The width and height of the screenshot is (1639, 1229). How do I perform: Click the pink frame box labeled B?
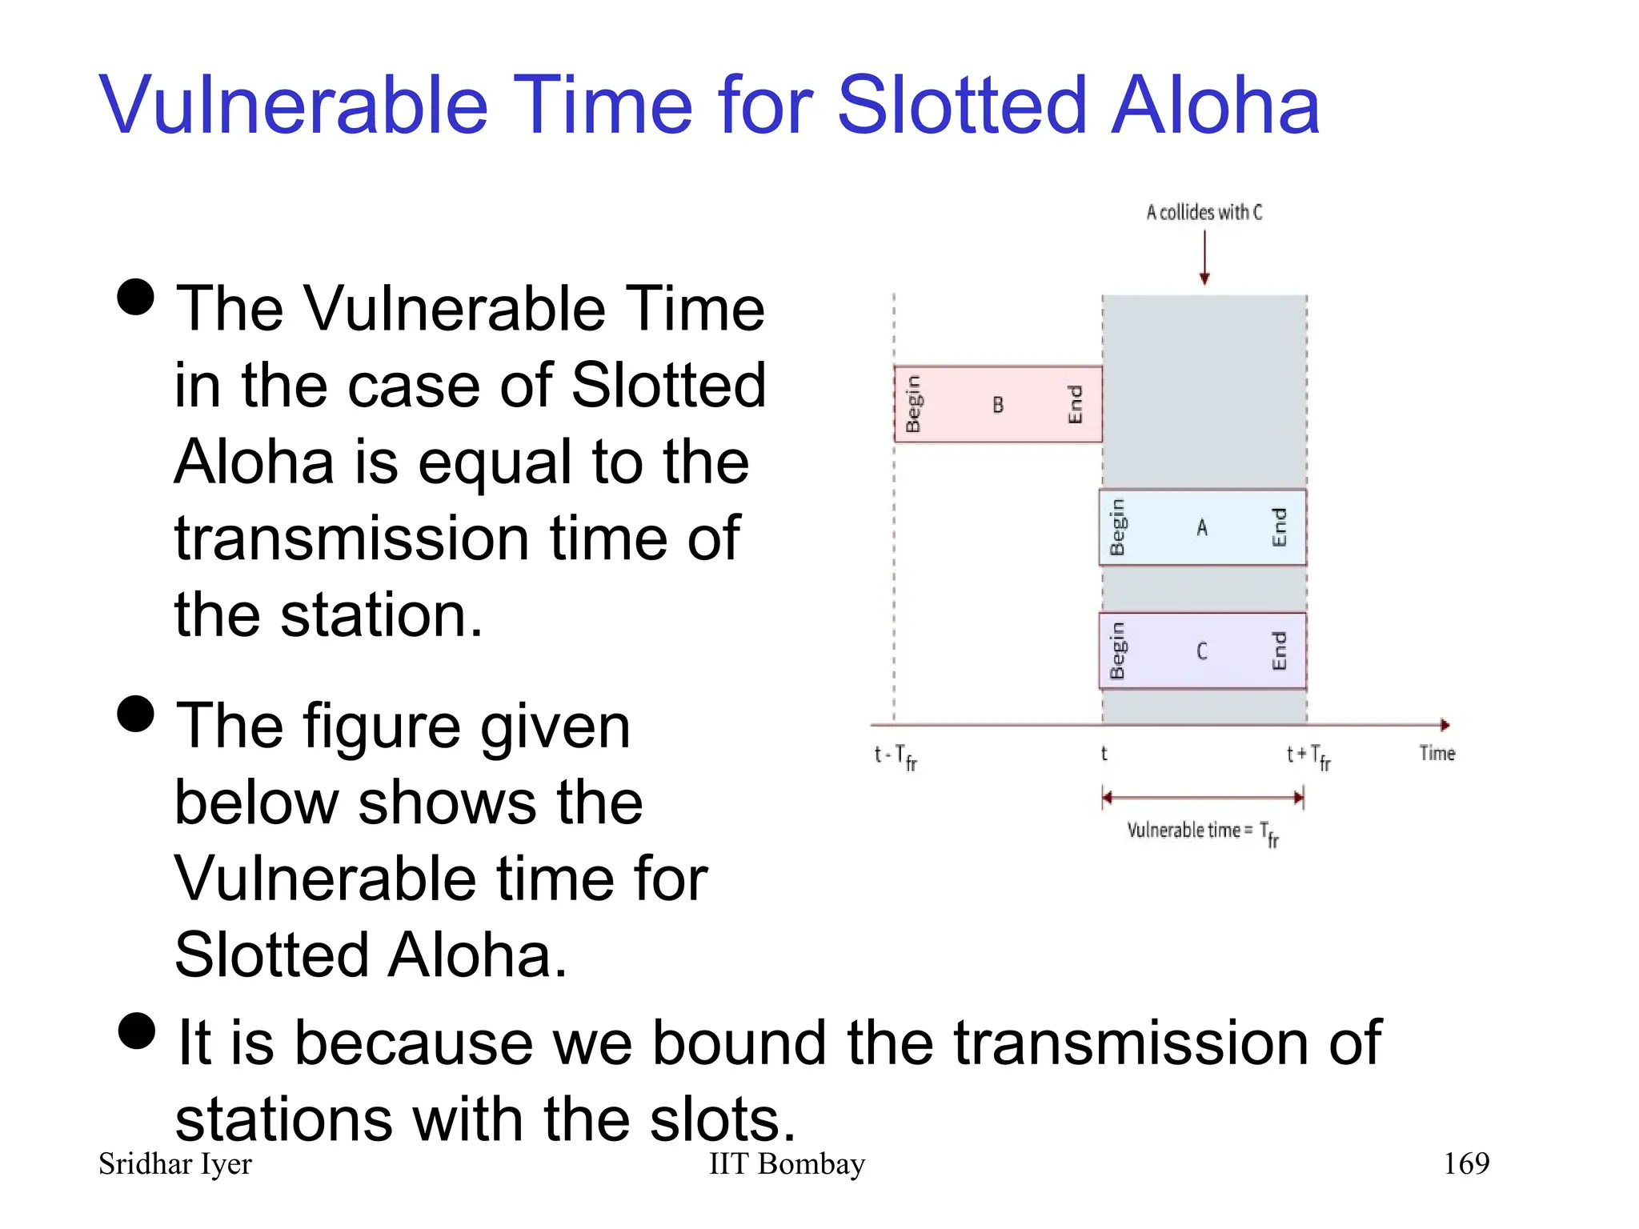(x=998, y=404)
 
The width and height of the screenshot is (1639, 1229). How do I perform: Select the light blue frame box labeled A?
(x=1202, y=527)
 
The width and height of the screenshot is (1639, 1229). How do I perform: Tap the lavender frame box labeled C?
(x=1202, y=651)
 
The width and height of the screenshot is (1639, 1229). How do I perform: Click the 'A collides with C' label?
(x=1204, y=212)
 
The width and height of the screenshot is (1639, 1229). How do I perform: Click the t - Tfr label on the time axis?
(x=896, y=756)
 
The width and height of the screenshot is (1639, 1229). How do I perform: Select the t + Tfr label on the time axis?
(x=1308, y=756)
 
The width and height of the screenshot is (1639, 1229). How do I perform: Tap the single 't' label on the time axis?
(x=1104, y=754)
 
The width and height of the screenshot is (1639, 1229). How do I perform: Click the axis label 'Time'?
(x=1437, y=753)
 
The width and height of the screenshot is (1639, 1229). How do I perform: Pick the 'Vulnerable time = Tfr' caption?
(x=1202, y=832)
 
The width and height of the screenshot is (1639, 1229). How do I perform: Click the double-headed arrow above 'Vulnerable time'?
(x=1203, y=797)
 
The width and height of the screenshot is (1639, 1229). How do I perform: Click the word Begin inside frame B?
(x=913, y=404)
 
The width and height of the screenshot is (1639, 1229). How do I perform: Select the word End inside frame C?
(x=1279, y=651)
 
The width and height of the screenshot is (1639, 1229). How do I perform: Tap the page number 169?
(x=1465, y=1163)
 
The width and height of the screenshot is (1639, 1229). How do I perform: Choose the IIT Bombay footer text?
(x=787, y=1163)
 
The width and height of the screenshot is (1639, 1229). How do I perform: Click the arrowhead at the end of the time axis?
(x=1445, y=725)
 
